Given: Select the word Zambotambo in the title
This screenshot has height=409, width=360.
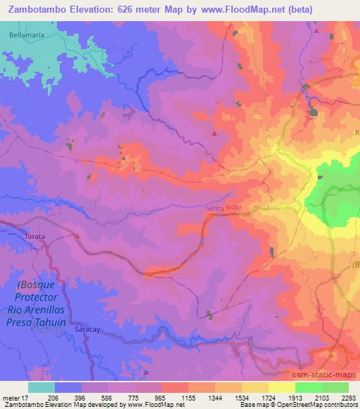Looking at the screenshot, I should coord(44,9).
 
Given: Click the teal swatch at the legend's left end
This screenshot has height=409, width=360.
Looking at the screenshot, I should coord(41,387).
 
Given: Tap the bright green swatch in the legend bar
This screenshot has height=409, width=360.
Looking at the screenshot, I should coord(308,387).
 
